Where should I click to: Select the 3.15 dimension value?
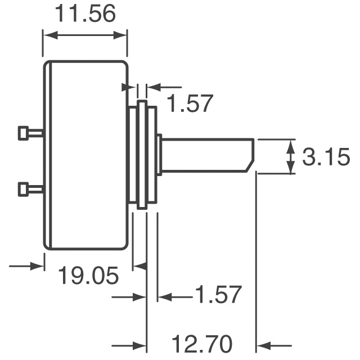pos(326,158)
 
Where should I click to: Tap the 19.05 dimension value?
pos(89,276)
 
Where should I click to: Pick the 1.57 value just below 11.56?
pos(191,104)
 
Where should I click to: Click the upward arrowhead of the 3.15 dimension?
pos(290,145)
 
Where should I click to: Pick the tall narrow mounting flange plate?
pos(142,155)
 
